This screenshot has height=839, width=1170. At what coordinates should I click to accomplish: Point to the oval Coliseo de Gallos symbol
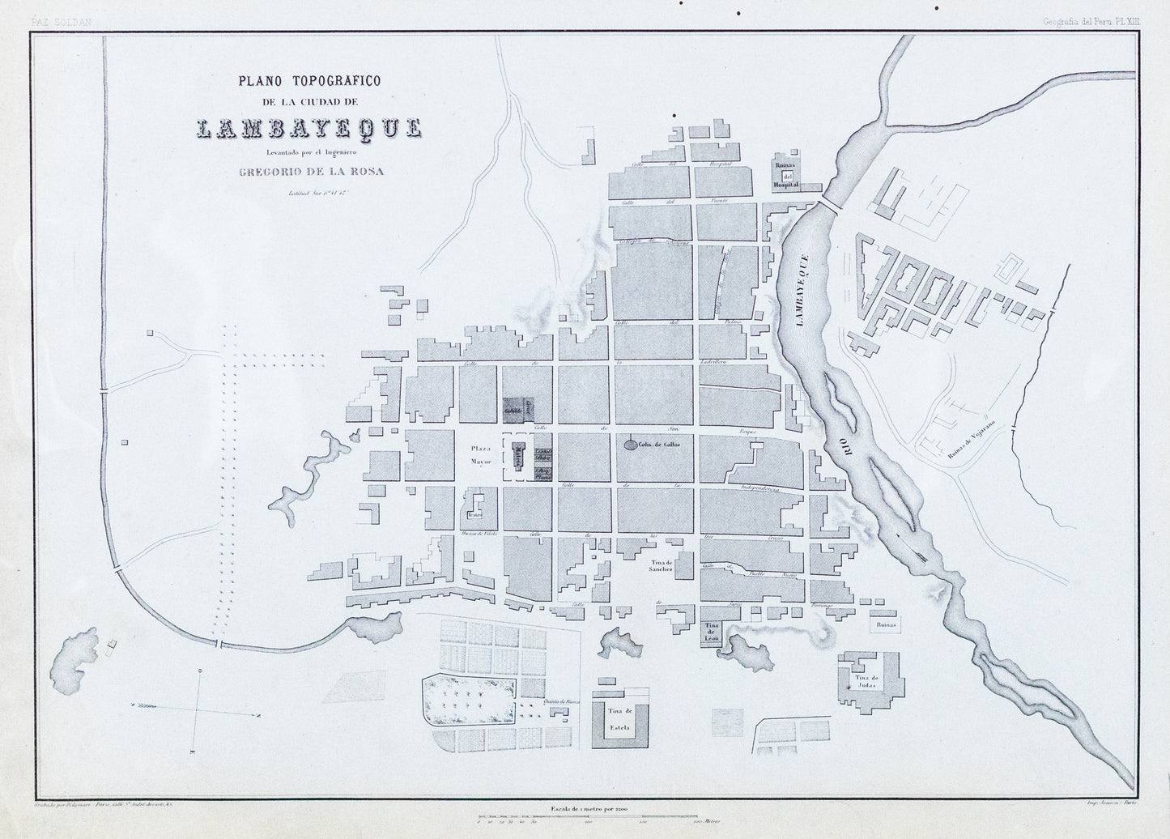(x=629, y=444)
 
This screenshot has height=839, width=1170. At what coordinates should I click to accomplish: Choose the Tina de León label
(x=712, y=633)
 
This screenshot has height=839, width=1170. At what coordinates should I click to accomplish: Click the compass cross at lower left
(x=196, y=705)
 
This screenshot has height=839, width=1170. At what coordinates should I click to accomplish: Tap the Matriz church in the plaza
(x=516, y=458)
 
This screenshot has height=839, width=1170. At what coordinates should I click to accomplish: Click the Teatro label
(x=475, y=513)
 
